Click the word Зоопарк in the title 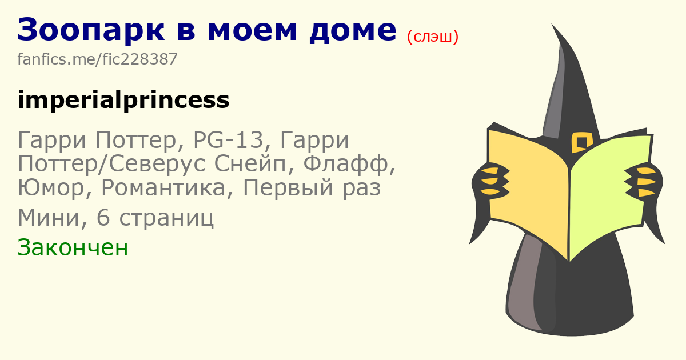point(91,30)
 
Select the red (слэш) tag point(433,37)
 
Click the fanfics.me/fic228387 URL point(97,59)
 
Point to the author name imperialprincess point(123,100)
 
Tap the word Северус point(157,164)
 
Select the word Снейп point(254,165)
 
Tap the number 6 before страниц point(103,218)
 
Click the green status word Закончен point(73,247)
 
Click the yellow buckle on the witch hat point(581,142)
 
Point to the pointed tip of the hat point(552,24)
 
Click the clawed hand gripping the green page point(643,181)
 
